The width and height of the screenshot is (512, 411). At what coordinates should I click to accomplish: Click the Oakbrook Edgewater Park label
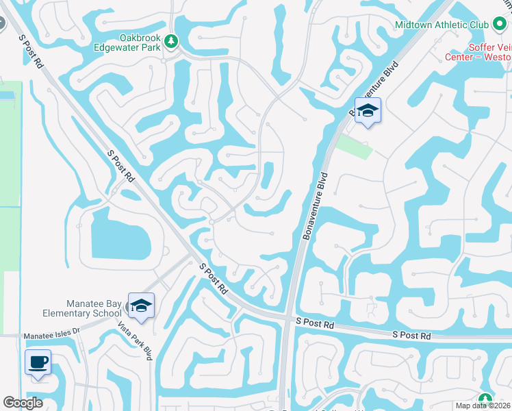pyautogui.click(x=130, y=42)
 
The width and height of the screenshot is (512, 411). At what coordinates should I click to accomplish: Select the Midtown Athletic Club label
pyautogui.click(x=441, y=25)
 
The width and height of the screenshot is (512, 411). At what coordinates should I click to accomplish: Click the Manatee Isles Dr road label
pyautogui.click(x=51, y=336)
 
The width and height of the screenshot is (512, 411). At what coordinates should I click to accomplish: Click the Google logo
pyautogui.click(x=23, y=403)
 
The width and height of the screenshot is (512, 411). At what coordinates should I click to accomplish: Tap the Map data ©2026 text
pyautogui.click(x=482, y=406)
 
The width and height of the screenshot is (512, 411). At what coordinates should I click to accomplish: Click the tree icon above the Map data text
pyautogui.click(x=485, y=399)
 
